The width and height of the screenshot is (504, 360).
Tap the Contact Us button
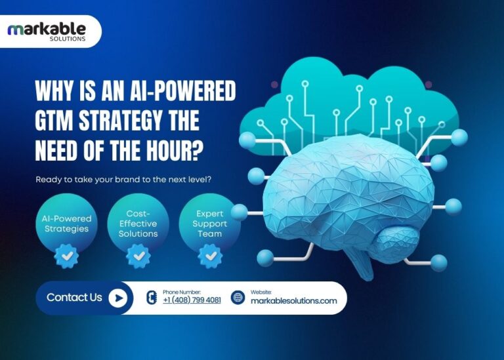pyautogui.click(x=74, y=298)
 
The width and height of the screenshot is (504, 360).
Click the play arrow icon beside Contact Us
pyautogui.click(x=117, y=298)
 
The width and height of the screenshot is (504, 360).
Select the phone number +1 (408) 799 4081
pyautogui.click(x=192, y=300)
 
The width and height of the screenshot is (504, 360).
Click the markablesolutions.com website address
pyautogui.click(x=293, y=300)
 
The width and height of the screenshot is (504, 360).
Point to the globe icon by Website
pyautogui.click(x=238, y=298)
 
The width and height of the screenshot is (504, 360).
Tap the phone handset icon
pyautogui.click(x=150, y=298)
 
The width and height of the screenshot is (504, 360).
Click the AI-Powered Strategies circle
pyautogui.click(x=63, y=224)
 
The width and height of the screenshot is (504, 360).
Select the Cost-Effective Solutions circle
pyautogui.click(x=138, y=224)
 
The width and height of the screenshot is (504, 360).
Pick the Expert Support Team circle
pyautogui.click(x=210, y=224)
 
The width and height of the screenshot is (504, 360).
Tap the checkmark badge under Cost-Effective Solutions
pyautogui.click(x=138, y=255)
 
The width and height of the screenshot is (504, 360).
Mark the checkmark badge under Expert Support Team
pyautogui.click(x=210, y=255)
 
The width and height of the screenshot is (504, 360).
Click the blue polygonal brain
pyautogui.click(x=341, y=190)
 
